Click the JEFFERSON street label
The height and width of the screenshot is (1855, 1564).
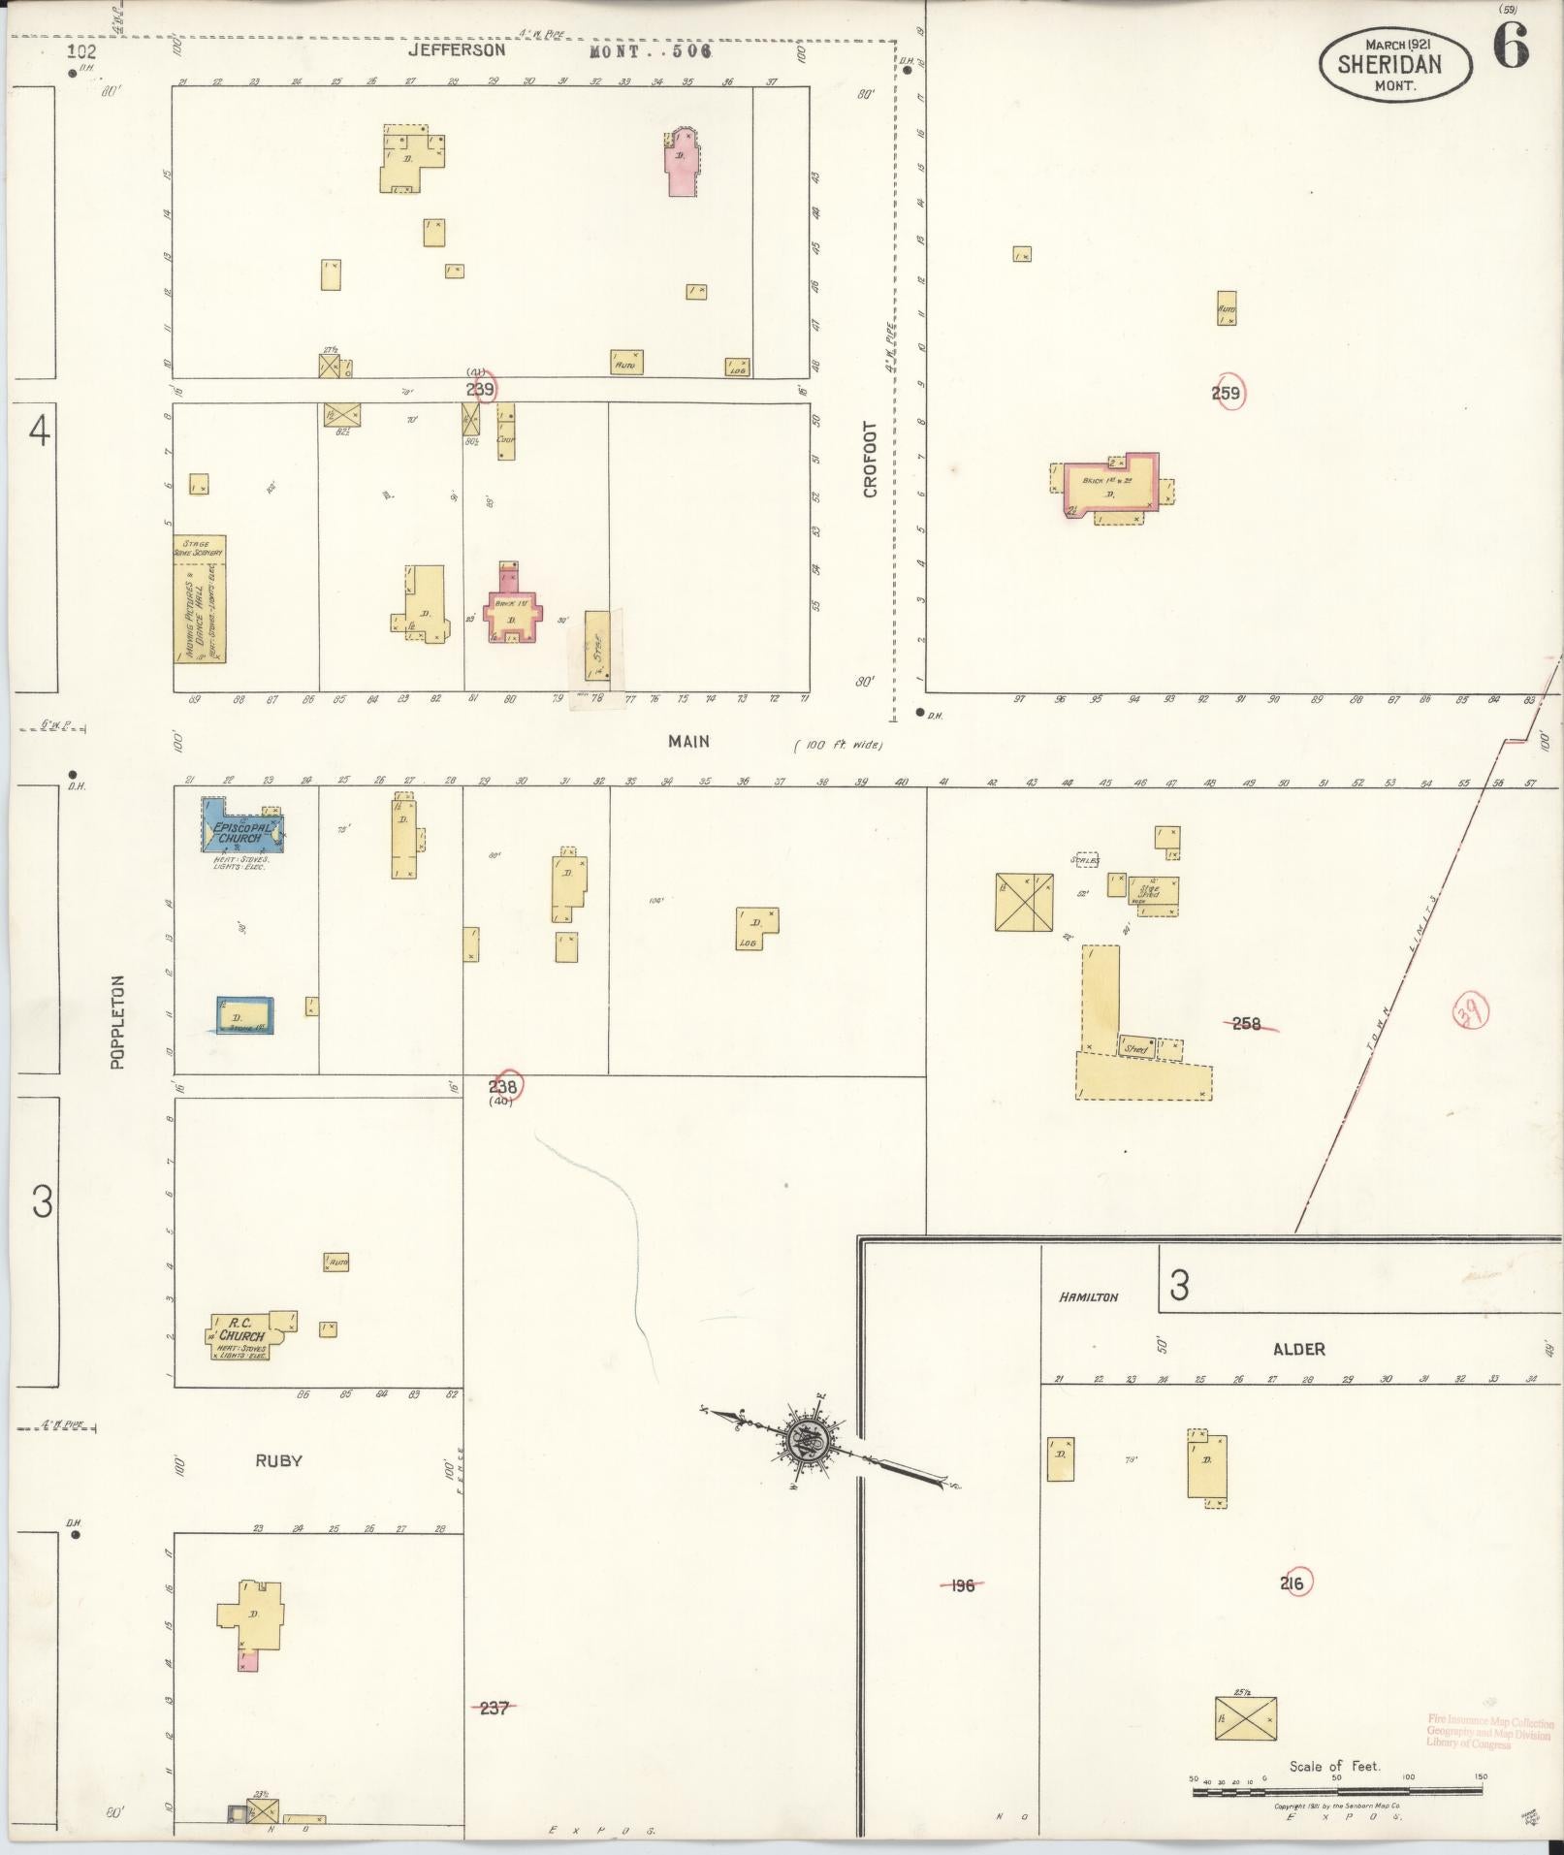[456, 49]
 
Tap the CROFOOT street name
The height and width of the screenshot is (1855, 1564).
[870, 459]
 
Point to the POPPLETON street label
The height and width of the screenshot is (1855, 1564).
[118, 1021]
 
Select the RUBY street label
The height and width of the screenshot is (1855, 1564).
[279, 1460]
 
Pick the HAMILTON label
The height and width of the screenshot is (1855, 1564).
[1088, 1296]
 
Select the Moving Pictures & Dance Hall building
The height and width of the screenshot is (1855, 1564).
[200, 598]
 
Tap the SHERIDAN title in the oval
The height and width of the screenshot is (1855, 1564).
[1389, 65]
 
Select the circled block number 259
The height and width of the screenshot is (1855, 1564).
[1227, 394]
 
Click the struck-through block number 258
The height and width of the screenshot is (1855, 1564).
[1246, 1022]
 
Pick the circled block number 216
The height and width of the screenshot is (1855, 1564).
[1293, 1583]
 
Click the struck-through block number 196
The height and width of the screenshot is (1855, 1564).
[962, 1585]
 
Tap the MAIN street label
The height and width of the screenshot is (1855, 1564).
[688, 742]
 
